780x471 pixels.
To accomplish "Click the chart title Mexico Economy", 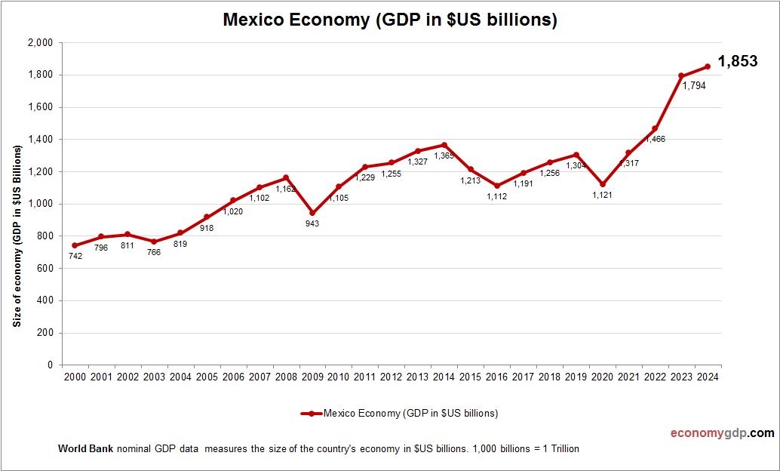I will point(389,20).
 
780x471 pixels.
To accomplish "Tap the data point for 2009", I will point(312,213).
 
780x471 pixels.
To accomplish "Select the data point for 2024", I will point(708,66).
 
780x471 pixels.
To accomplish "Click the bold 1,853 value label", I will point(737,62).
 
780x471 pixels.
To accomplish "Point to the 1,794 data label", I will point(693,86).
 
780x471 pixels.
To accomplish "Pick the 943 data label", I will point(312,223).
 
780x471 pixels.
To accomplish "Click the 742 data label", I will point(75,256).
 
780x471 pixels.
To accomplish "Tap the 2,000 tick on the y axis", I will point(41,43).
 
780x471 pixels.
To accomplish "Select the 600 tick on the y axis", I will point(45,268).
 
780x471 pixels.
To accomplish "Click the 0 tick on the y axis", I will point(50,365).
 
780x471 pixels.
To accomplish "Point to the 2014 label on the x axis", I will point(442,377).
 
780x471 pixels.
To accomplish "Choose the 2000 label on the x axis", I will point(75,377).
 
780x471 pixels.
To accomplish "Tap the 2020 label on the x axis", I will point(602,377).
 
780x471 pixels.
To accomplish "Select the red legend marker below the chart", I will point(311,414).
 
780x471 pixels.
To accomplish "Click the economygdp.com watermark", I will point(722,433).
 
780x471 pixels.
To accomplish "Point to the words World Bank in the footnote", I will point(86,448).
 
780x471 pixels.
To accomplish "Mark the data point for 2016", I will point(496,186).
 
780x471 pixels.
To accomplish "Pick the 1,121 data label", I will point(602,195).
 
